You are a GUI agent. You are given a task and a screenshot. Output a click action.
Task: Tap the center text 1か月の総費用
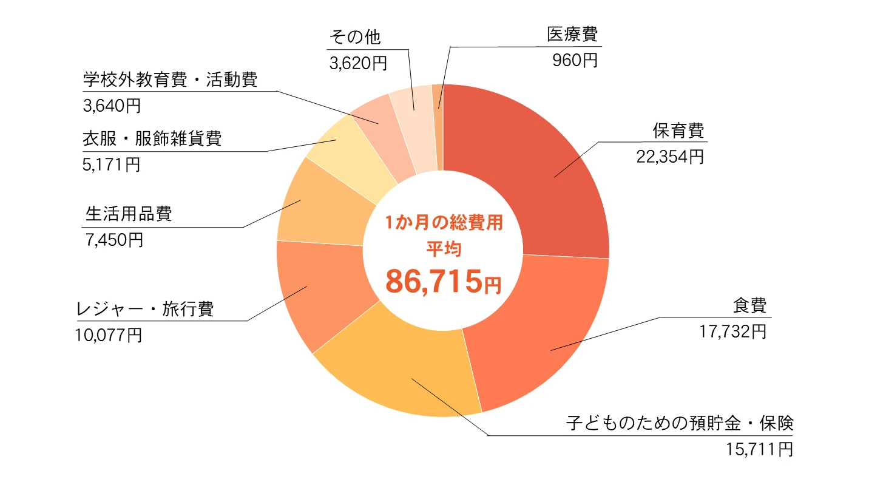(x=444, y=223)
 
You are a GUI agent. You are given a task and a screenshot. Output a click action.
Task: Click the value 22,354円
(x=669, y=157)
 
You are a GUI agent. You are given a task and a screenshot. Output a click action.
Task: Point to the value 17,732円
(x=732, y=331)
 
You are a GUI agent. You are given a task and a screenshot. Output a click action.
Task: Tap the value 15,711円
(x=759, y=449)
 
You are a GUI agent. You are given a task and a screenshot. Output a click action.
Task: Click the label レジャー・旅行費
(x=145, y=309)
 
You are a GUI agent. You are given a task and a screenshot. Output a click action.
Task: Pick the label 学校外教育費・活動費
(x=170, y=80)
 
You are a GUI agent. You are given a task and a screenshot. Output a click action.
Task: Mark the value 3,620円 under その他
(x=358, y=63)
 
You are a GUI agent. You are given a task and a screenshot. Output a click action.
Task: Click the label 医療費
(x=572, y=35)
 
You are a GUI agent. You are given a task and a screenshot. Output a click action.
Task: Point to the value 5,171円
(x=111, y=164)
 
